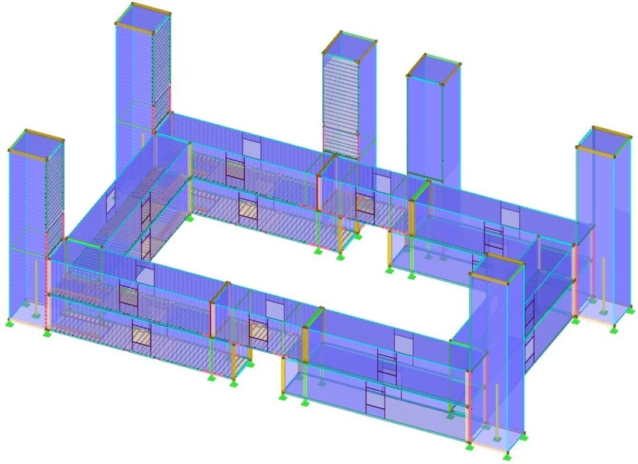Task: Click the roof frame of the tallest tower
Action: pyautogui.click(x=142, y=11)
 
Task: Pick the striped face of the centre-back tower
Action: pyautogui.click(x=340, y=105)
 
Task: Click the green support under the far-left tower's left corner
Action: pyautogui.click(x=9, y=323)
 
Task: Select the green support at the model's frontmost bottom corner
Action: pyautogui.click(x=508, y=455)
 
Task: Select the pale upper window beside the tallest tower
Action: pyautogui.click(x=252, y=147)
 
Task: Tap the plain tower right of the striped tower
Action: pyautogui.click(x=433, y=117)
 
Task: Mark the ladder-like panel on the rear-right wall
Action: pyautogui.click(x=493, y=237)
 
